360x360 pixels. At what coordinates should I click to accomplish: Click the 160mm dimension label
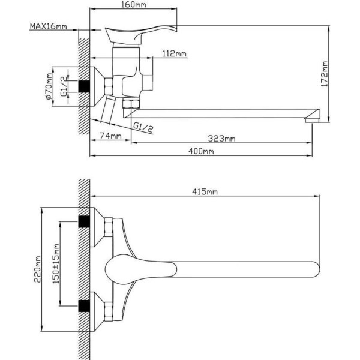133,5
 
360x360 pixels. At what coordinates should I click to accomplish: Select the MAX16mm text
49,26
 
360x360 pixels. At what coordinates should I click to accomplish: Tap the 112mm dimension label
175,54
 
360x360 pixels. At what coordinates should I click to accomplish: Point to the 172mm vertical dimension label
325,74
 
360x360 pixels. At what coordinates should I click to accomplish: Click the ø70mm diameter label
49,86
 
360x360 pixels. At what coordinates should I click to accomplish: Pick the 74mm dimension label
110,136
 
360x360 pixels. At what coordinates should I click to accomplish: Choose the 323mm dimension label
221,139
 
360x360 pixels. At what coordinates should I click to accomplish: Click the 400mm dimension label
201,151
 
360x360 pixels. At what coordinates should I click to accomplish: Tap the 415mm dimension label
205,192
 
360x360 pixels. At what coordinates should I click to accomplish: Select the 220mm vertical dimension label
37,269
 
